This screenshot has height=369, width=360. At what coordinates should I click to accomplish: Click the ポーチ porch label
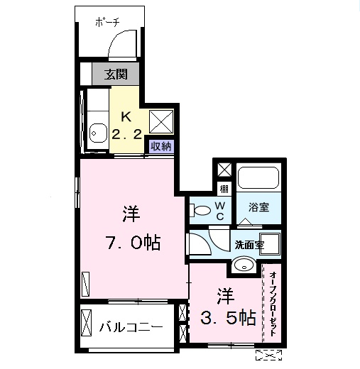click(108, 23)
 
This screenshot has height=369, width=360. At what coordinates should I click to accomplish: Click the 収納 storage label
click(160, 146)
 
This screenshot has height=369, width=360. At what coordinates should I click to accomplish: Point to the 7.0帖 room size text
click(131, 243)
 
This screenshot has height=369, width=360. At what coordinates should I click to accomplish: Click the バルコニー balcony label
click(131, 327)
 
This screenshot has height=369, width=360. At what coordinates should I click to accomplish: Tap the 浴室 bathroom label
click(259, 207)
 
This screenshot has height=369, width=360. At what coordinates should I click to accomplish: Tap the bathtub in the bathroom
click(259, 177)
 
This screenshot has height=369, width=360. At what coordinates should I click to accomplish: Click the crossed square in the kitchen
click(161, 121)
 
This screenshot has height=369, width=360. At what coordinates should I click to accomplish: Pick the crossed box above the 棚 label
click(224, 170)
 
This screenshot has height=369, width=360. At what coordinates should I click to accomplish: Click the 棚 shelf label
click(224, 189)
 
